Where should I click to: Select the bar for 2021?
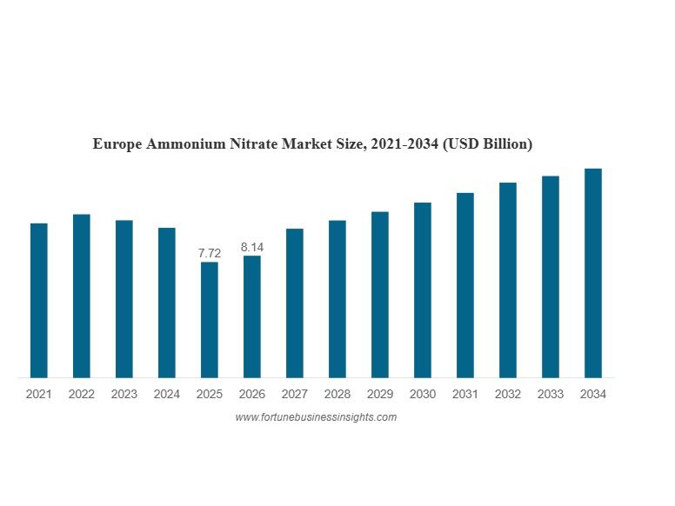pos(39,300)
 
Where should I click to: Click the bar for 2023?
pos(124,299)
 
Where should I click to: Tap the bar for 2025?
pos(210,320)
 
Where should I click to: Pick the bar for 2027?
pos(295,303)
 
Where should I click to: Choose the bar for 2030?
pos(423,290)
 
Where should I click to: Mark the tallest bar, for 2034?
pos(593,273)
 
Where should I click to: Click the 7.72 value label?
pos(210,253)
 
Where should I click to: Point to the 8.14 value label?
pos(252,247)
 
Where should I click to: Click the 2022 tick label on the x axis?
pos(82,394)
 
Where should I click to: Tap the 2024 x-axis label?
pos(167,394)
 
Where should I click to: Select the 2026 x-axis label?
pos(252,394)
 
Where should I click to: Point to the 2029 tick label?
pos(380,394)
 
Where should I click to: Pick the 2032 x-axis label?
pos(508,394)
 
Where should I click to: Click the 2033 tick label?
pos(551,394)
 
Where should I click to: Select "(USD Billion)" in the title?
pos(487,143)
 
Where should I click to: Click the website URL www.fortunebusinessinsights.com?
pos(316,417)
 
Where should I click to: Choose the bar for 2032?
pos(508,280)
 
